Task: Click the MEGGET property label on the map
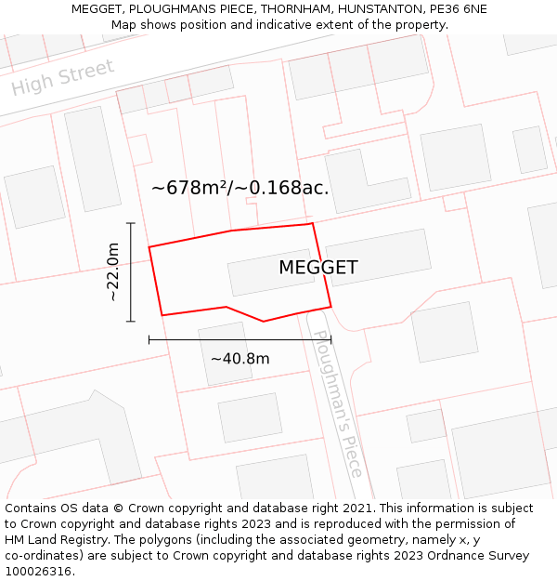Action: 317,268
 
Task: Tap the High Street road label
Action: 63,77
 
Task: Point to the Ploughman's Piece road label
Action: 336,403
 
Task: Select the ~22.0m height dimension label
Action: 112,272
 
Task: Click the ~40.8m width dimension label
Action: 240,359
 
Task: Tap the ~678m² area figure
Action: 190,188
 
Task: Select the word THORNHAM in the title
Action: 289,9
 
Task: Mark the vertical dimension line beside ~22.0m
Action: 131,272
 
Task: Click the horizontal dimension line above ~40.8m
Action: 240,339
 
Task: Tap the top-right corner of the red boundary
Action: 312,223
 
